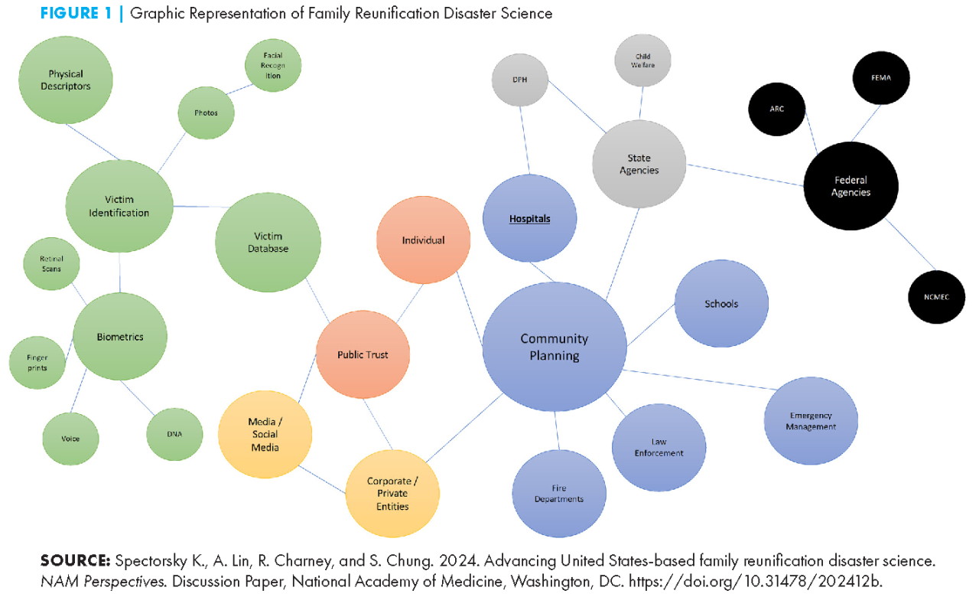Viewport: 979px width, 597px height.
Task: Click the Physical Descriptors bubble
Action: [65, 80]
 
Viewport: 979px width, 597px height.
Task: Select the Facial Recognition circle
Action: [273, 66]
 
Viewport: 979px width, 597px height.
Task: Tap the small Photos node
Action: [206, 113]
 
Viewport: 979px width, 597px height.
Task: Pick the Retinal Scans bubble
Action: [51, 264]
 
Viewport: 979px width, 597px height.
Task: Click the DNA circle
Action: [174, 434]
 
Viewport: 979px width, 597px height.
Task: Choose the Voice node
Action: [70, 439]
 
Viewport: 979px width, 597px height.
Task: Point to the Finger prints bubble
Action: [37, 362]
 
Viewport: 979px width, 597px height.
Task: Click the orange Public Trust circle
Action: [363, 354]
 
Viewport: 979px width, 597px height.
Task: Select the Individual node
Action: [423, 240]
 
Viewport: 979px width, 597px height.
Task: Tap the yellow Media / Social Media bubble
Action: [264, 435]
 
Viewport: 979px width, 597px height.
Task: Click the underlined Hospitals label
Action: [530, 219]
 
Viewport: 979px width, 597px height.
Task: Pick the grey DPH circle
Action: [520, 80]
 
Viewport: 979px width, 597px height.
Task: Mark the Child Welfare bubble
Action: [642, 61]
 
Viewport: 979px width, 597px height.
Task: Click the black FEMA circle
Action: [882, 77]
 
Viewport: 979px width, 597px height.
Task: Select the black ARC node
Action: [776, 109]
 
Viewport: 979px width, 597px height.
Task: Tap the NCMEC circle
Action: [936, 296]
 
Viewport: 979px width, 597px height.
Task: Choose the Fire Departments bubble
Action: [558, 494]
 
